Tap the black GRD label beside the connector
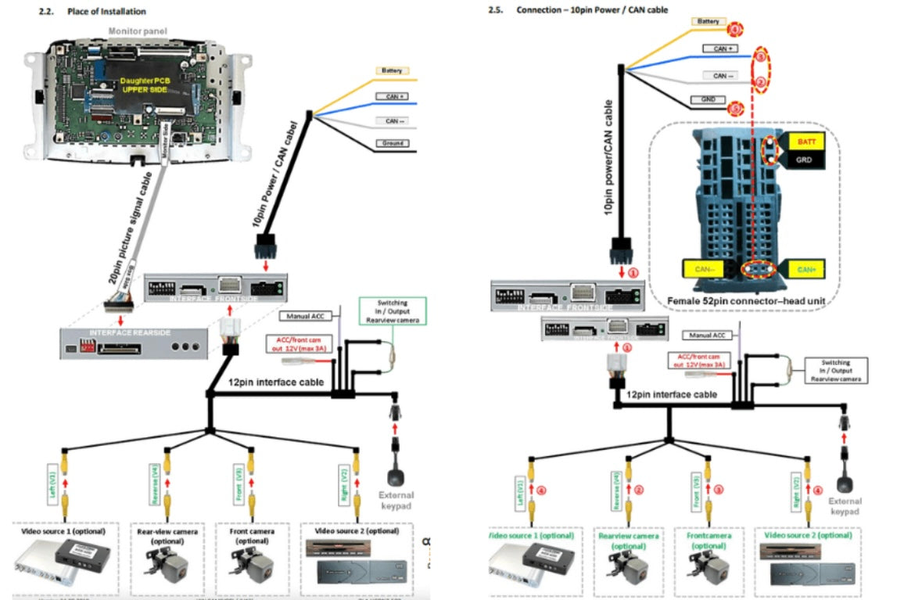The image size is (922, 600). [x=805, y=159]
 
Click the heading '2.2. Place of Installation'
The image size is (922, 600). [x=92, y=12]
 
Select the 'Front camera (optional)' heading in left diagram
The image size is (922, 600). [x=252, y=536]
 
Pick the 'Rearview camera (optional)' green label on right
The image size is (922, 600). [x=626, y=541]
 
